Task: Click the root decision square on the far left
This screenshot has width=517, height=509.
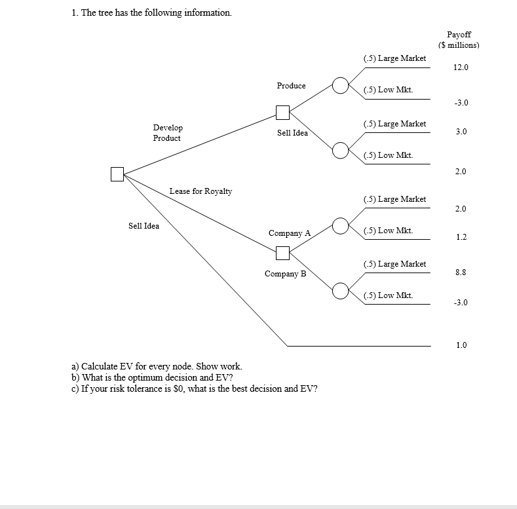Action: point(117,174)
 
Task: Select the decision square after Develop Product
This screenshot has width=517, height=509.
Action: point(283,113)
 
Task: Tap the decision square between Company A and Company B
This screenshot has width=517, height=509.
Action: point(283,252)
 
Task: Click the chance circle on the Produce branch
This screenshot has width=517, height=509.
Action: point(340,85)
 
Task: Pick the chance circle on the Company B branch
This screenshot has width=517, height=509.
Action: point(340,290)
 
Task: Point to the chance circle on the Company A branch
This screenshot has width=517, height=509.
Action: point(340,225)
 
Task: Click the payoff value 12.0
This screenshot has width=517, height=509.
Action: point(461,67)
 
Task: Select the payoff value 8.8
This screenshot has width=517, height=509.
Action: point(461,272)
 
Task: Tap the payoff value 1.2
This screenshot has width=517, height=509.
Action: point(461,237)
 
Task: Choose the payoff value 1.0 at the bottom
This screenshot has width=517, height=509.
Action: point(461,345)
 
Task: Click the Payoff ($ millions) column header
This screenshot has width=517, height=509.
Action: point(459,40)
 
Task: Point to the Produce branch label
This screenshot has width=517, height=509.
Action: point(291,86)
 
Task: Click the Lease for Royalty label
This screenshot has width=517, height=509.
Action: point(201,191)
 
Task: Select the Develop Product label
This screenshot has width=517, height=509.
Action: point(168,133)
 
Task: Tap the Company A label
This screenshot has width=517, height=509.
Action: point(289,233)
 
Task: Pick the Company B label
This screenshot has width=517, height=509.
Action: point(285,274)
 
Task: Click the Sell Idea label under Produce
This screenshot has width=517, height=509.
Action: point(292,133)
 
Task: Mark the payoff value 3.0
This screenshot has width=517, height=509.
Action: point(461,132)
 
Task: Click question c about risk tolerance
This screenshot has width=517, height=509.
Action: point(194,388)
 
